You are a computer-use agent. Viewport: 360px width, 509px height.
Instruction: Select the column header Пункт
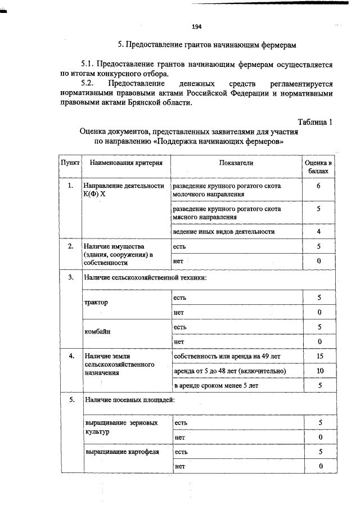point(70,163)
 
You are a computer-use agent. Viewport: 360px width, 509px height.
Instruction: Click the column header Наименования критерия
point(126,163)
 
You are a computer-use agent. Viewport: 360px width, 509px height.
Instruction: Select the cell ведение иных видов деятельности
point(224,231)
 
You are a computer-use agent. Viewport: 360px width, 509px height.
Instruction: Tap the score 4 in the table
point(318,231)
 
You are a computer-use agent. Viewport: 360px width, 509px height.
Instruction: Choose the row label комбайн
point(97,332)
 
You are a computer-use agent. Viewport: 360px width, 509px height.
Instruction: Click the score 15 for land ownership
point(319,356)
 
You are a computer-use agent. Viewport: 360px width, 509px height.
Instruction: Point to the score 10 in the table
point(319,371)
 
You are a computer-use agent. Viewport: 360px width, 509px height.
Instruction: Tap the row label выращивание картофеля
point(121,451)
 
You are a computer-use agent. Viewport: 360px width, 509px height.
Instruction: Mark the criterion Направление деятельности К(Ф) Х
point(123,190)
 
